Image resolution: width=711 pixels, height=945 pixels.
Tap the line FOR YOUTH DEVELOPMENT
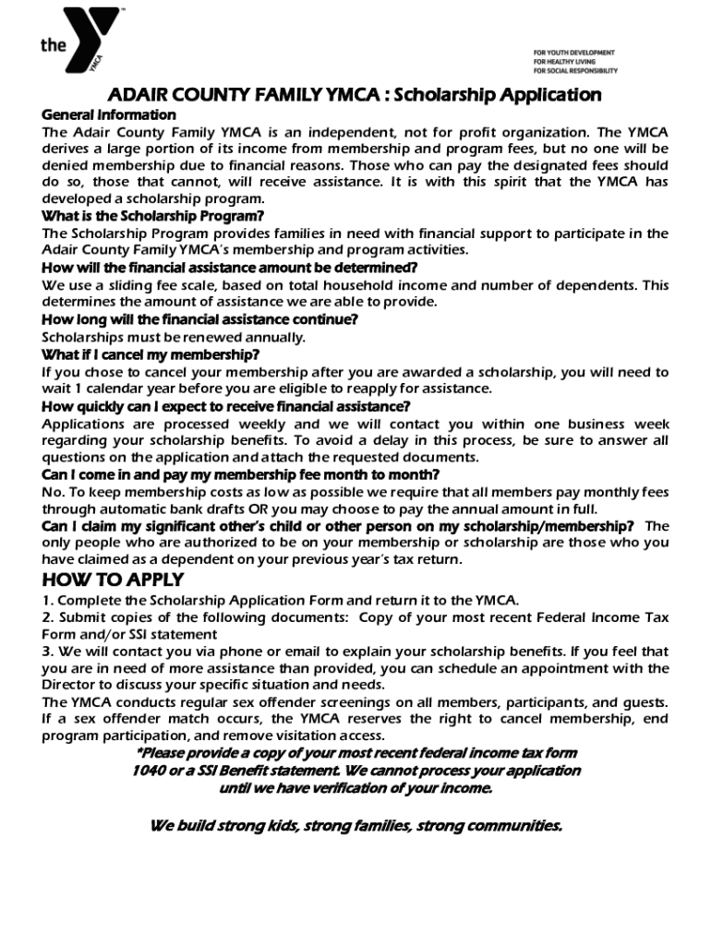pos(573,53)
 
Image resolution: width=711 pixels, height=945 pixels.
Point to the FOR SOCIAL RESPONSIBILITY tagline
pos(575,70)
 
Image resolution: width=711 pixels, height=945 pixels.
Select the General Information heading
pos(109,115)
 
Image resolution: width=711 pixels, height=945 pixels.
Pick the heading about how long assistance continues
pos(199,319)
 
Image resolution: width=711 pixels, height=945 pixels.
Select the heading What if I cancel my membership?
pos(151,354)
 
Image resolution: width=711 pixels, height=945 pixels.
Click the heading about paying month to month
pos(240,475)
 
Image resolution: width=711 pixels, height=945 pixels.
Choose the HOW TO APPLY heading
pos(113,580)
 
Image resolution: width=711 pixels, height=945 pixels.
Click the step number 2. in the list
pos(48,616)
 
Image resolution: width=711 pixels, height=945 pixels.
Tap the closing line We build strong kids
pos(355,825)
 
